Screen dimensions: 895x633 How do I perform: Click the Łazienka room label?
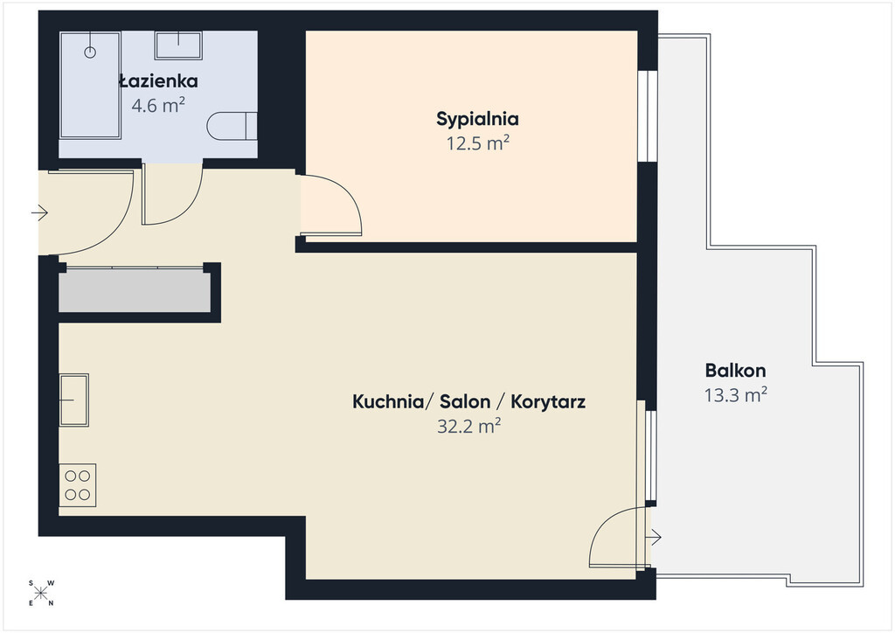coord(159,81)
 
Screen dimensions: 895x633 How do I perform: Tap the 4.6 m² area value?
coord(158,105)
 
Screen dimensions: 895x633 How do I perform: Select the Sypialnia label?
coord(477,119)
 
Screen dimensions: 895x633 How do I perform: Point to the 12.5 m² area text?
coord(477,143)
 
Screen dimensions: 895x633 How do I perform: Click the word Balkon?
coord(735,371)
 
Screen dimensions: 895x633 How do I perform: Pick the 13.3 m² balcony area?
coord(735,394)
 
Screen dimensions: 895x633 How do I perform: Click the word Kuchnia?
coord(387,402)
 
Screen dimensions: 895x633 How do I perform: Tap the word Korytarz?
coord(548,402)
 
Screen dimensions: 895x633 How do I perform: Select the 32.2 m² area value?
coord(468,426)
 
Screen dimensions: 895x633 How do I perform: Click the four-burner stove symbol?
coord(78,485)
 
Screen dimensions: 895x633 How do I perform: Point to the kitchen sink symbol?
coord(74,400)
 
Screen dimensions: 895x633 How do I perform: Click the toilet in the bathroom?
coord(231,126)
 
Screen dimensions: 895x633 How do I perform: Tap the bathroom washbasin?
coord(178,45)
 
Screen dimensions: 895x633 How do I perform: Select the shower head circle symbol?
coord(90,52)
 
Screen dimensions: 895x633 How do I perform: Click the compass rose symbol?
coord(40,593)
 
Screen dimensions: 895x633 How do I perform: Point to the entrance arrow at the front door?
coord(39,213)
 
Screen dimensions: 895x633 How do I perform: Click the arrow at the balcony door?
coord(653,537)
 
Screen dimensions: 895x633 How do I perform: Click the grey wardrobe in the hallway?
coord(135,290)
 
